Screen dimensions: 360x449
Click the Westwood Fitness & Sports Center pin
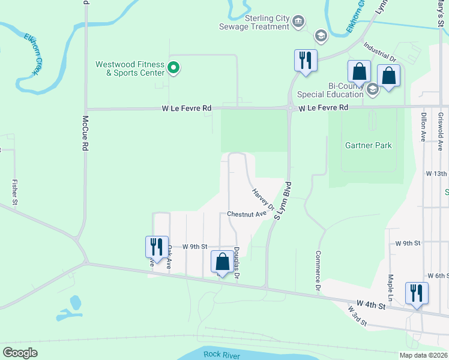coord(173,68)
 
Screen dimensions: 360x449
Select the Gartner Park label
coord(368,145)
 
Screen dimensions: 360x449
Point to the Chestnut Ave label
coord(246,214)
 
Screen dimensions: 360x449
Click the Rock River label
coord(221,354)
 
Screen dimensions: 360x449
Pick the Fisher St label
coord(14,191)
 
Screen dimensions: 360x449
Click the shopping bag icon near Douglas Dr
coord(223,262)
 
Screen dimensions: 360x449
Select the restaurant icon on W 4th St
coord(417,293)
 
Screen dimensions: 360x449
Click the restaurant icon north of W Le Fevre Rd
coord(306,61)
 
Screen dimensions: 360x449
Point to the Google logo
coord(20,353)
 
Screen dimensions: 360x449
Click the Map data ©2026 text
coord(423,355)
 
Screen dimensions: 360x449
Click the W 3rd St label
coord(357,315)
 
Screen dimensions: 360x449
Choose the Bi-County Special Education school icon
coord(372,90)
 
